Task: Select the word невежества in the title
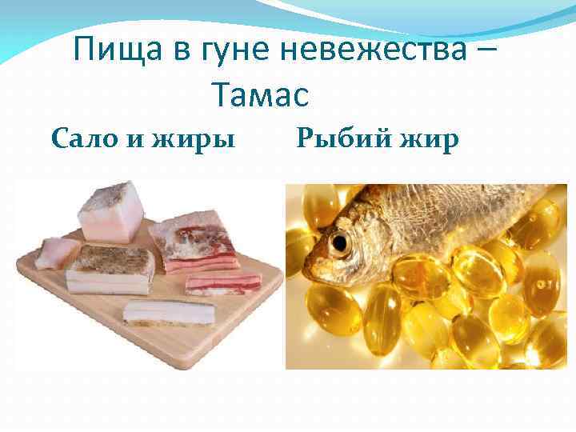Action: click(373, 53)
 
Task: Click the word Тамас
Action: click(261, 96)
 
